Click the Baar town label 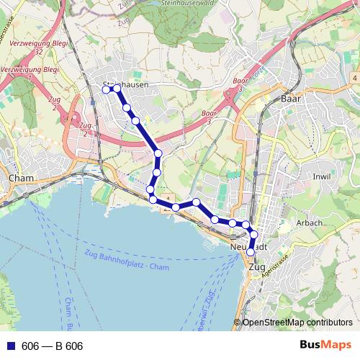(x=291, y=98)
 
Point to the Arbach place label (x=309, y=223)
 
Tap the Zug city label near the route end (x=256, y=267)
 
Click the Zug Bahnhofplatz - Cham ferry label (x=125, y=263)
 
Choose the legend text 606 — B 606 (x=53, y=346)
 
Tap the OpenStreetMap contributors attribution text (x=297, y=322)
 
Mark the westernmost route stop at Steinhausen (x=107, y=89)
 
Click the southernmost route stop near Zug (x=251, y=251)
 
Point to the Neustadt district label (x=248, y=246)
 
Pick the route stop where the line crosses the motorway (x=158, y=153)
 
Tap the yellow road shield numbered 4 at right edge (x=355, y=76)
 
